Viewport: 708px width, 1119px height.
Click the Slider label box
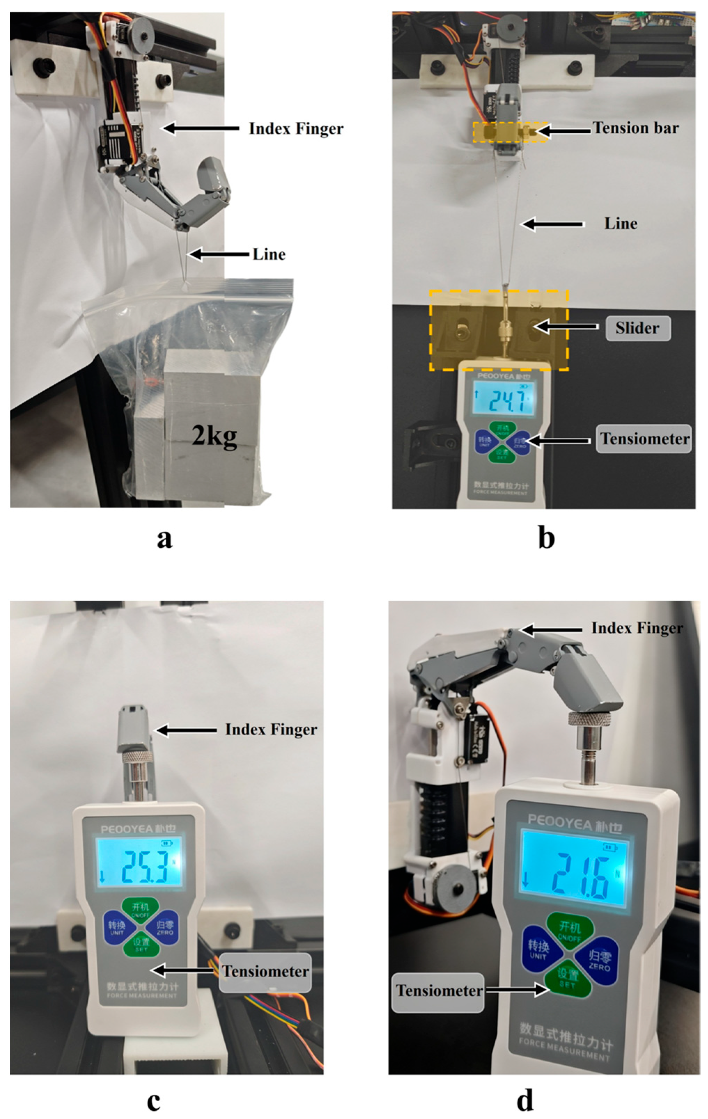638,328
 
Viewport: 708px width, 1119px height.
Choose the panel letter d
525,1100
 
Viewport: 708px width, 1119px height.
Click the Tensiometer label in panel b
644,439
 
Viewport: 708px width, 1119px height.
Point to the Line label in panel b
620,224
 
